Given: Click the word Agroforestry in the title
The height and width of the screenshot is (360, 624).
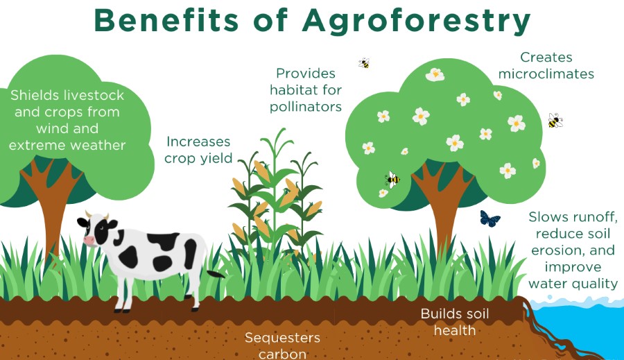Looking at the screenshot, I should (416, 21).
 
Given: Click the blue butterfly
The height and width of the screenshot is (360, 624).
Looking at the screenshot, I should (490, 219).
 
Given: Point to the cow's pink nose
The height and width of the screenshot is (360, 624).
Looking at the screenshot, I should (89, 240).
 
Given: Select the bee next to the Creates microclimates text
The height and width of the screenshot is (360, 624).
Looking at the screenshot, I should (554, 121).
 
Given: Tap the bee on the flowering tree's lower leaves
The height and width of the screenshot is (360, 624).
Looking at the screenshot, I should (392, 180).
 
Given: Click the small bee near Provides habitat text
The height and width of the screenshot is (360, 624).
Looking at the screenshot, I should (364, 63).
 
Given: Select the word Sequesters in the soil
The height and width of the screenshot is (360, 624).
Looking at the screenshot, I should (282, 338).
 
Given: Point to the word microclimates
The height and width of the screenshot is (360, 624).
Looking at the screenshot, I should (546, 74).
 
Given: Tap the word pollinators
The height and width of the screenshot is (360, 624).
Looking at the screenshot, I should (306, 107).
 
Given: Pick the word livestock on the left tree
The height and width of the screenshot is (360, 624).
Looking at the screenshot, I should (92, 95).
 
